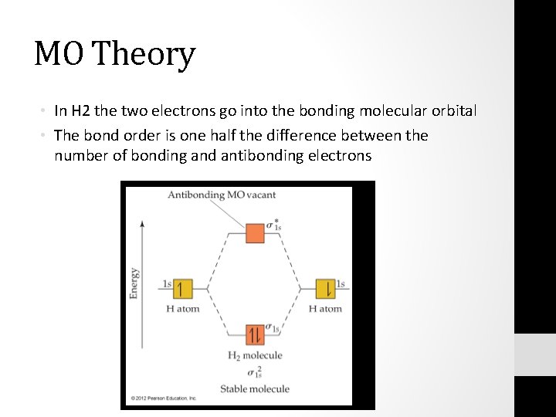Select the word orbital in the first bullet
pos(453,111)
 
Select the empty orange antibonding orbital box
pos(255,232)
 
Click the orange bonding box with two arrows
pos(255,334)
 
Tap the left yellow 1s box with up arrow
pos(182,289)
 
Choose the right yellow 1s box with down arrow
pos(325,289)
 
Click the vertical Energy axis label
pos(135,283)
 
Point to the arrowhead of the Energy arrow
pos(140,223)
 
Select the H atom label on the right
pos(325,309)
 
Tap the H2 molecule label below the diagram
pos(254,356)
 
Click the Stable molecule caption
pos(255,388)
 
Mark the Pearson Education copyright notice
pos(164,398)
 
